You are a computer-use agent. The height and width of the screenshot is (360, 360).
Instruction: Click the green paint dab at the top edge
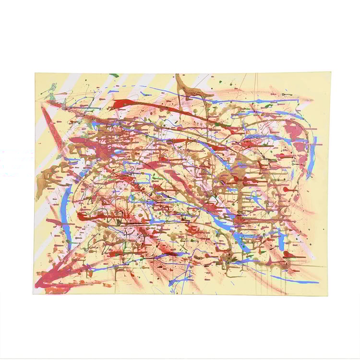(114, 75)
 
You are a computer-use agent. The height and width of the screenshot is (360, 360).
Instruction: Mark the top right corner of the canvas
(331, 73)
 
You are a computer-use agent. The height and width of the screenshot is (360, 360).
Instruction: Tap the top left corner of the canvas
(35, 73)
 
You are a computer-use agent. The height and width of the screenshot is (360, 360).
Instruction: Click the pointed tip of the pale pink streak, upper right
(312, 100)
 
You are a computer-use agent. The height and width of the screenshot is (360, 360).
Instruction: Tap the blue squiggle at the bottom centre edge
(178, 283)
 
